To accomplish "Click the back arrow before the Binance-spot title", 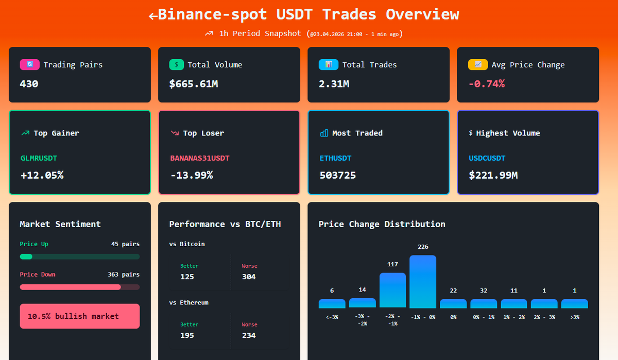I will (153, 15).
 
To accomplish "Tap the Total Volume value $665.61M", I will (193, 83).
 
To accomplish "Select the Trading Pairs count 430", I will (29, 83).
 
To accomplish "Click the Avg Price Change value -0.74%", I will (486, 83).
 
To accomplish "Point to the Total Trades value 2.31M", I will (334, 83).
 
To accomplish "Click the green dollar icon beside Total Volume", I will (177, 65).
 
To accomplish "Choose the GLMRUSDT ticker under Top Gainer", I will (39, 158).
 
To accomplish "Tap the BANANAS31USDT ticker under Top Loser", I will (200, 158).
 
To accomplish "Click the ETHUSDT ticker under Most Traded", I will (335, 158).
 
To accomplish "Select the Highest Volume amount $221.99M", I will (493, 175).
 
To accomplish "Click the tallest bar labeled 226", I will (423, 282).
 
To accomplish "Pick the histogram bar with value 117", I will (392, 290).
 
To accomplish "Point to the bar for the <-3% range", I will (332, 304).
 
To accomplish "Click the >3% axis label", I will (574, 317).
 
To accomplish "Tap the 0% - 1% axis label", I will (484, 317).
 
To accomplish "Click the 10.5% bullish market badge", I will (79, 316).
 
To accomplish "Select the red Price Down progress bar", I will (70, 287).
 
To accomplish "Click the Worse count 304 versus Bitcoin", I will (249, 277).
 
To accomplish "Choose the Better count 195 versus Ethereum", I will (187, 335).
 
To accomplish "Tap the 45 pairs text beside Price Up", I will (125, 244).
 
